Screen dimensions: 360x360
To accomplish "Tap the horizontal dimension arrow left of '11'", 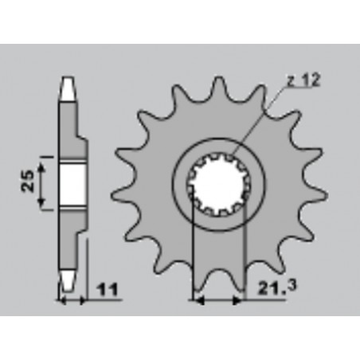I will click(71, 301).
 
